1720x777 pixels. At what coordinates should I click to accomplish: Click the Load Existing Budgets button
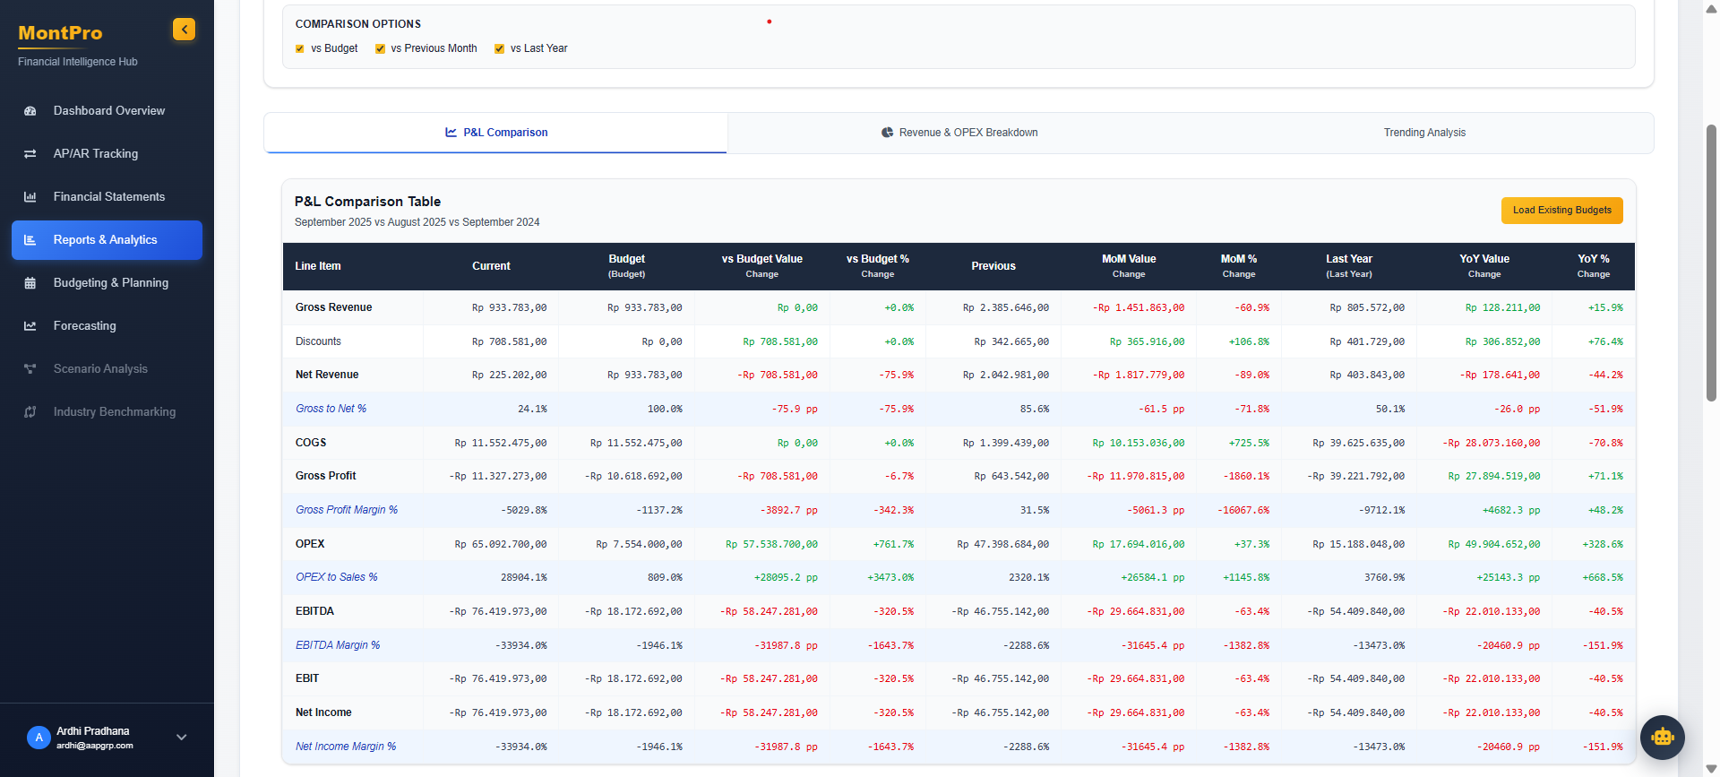[x=1561, y=210]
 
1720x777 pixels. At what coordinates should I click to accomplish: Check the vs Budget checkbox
[x=300, y=49]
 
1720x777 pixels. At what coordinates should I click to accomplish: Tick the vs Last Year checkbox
[x=499, y=49]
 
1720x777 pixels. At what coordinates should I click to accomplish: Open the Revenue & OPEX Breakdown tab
[x=959, y=133]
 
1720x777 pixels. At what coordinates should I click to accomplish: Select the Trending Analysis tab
[x=1423, y=133]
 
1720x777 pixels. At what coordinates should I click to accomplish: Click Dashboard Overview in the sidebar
[x=108, y=111]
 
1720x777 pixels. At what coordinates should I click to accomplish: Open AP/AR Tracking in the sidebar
[x=95, y=154]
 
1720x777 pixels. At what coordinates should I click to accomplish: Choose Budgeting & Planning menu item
[x=110, y=283]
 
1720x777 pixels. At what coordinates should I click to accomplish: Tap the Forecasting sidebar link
[x=84, y=326]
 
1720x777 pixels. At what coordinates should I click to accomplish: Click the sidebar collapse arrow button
[x=184, y=30]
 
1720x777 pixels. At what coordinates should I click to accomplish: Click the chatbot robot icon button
[x=1662, y=737]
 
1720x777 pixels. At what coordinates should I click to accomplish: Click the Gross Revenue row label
[x=333, y=307]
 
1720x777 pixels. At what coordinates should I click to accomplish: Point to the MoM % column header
[x=1238, y=265]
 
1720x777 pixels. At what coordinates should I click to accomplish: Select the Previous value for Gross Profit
[x=1010, y=477]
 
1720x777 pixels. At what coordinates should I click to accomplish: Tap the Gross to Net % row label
[x=331, y=409]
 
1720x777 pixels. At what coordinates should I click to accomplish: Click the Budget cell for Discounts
[x=661, y=341]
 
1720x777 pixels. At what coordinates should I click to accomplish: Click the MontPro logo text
[x=60, y=33]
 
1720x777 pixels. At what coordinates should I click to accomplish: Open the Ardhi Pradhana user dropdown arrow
[x=182, y=738]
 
